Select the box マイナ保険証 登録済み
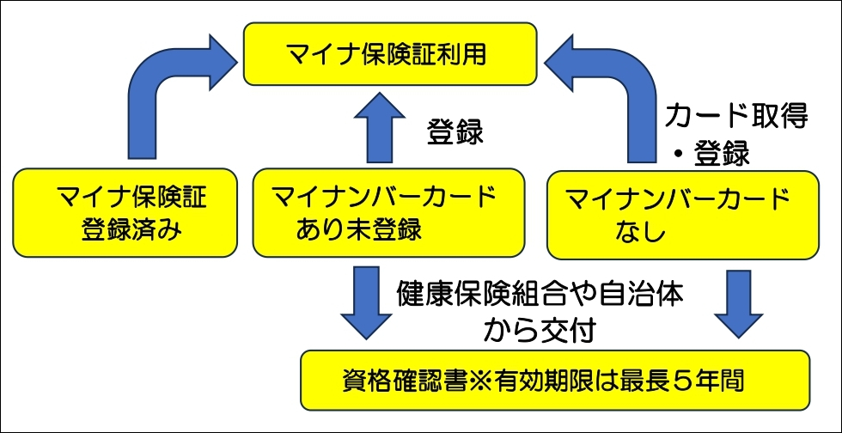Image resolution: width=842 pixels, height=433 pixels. click(x=125, y=212)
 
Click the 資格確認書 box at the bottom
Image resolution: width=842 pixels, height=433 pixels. click(x=555, y=379)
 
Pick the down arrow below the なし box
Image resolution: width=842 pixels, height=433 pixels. click(x=738, y=300)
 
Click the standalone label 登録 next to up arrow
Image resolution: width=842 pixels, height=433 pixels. click(x=455, y=134)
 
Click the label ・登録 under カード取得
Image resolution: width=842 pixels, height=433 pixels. click(x=712, y=154)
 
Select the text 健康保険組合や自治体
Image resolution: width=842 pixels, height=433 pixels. click(x=540, y=295)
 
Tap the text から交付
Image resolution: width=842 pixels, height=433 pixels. click(x=539, y=328)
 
